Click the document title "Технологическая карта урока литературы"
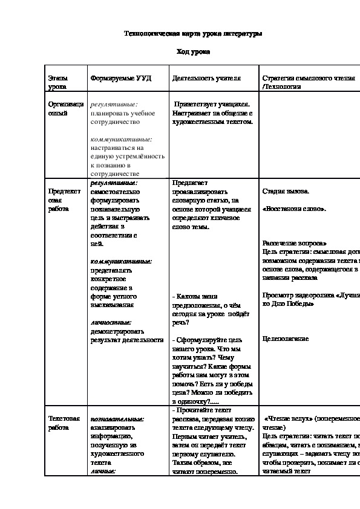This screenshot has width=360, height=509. [193, 34]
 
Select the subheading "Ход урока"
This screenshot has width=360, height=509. [193, 53]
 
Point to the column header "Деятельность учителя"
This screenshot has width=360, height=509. [206, 79]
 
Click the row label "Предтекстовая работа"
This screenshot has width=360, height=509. [64, 199]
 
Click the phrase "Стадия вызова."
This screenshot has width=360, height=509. [286, 191]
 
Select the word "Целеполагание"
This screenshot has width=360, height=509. [286, 339]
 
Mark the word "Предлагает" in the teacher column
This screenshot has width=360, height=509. [189, 182]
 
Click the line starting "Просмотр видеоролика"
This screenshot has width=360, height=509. [310, 295]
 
